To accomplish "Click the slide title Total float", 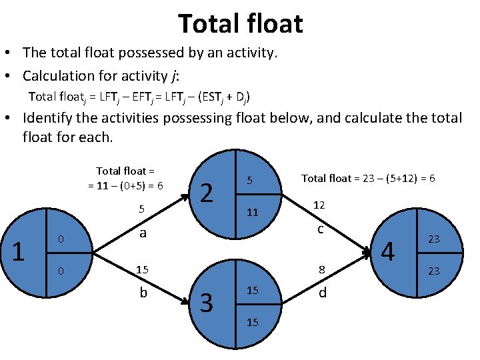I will click(240, 24).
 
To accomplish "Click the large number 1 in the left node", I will click(19, 251).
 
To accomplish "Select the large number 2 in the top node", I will click(207, 193).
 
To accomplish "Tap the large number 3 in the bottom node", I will click(207, 303).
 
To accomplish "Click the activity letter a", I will click(143, 233).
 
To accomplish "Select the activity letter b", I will click(143, 292).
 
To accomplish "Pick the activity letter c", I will click(321, 229).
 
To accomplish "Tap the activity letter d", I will click(323, 292).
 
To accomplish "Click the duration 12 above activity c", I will click(319, 205).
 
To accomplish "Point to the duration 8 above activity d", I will click(321, 270).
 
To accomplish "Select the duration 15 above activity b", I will click(141, 270).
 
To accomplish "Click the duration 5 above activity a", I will click(141, 209).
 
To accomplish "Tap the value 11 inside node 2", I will click(252, 213).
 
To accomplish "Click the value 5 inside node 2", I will click(249, 180).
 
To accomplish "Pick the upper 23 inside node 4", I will click(433, 239).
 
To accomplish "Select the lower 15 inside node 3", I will click(253, 322).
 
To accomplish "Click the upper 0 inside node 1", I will click(60, 239).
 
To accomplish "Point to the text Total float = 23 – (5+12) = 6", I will click(368, 178).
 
